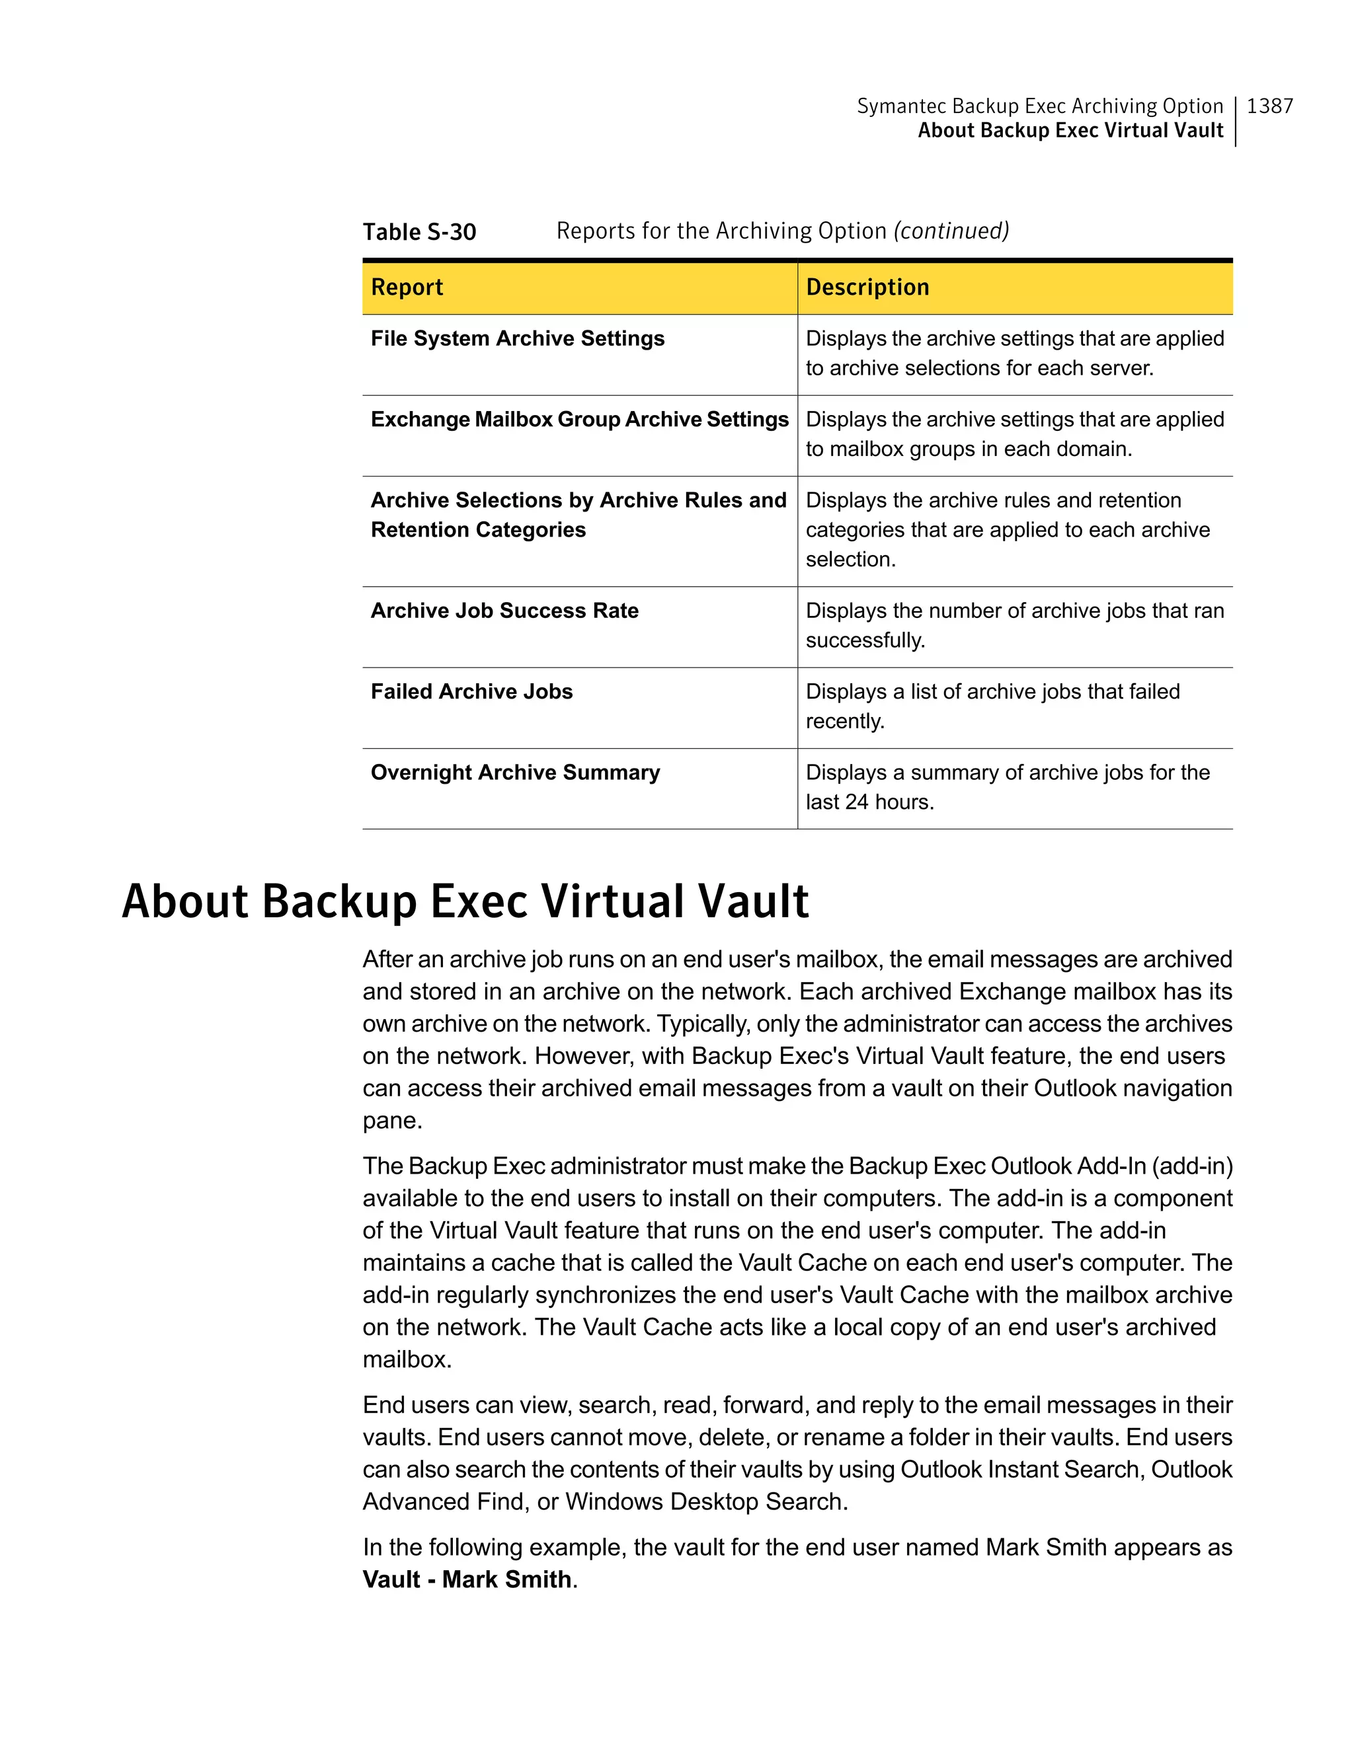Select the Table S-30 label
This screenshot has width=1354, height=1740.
coord(419,232)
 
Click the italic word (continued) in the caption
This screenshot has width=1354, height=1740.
coord(951,231)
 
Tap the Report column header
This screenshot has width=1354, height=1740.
coord(407,287)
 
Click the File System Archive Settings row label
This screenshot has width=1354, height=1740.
coord(517,338)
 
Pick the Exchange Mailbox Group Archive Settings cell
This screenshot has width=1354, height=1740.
coord(579,420)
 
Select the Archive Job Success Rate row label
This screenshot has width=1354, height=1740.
coord(504,611)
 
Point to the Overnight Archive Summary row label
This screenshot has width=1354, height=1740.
coord(515,773)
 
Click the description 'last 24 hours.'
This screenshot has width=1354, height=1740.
coord(869,802)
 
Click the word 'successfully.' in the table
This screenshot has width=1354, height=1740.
coord(865,640)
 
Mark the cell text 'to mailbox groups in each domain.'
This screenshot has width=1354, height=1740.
coord(969,449)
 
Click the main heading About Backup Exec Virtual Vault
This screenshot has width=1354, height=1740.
coord(465,902)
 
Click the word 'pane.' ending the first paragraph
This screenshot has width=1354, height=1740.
coord(392,1121)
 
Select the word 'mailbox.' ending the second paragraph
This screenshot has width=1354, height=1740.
coord(407,1360)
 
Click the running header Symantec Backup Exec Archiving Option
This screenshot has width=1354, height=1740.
coord(1039,106)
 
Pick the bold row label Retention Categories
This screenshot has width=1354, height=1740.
coord(478,530)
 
